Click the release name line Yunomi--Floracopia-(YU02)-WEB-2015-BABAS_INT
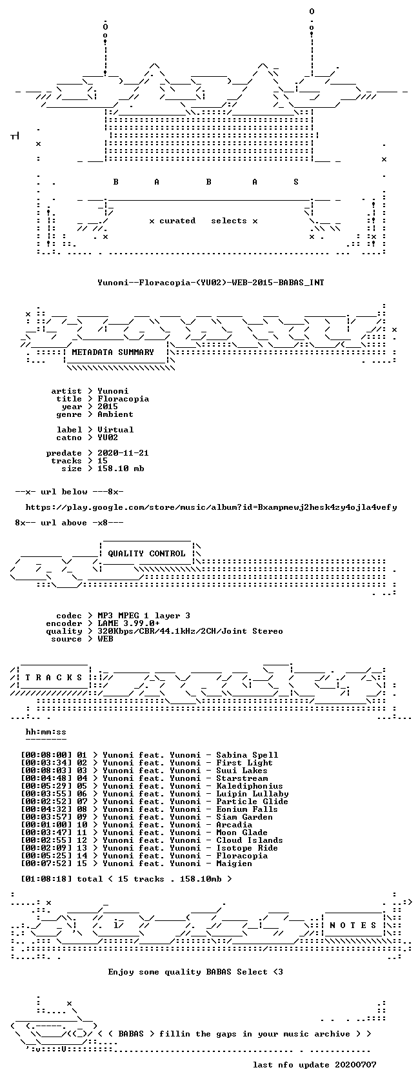[210, 282]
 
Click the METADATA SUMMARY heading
[112, 352]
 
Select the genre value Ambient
[115, 414]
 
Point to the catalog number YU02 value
[108, 438]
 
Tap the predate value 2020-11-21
[123, 453]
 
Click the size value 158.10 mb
[121, 469]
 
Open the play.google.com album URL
[211, 507]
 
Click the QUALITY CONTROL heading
[146, 554]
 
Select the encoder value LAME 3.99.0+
[128, 623]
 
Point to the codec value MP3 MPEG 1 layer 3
[144, 616]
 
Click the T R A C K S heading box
[54, 677]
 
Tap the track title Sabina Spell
[247, 755]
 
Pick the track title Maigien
[234, 864]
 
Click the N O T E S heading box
[353, 925]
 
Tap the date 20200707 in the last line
[355, 1065]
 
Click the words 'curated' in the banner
[177, 221]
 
